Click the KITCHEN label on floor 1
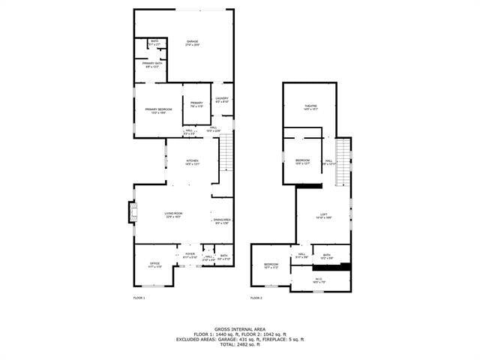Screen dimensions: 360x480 pos(193,161)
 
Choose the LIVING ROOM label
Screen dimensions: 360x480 pos(174,215)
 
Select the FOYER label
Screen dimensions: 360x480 pos(190,256)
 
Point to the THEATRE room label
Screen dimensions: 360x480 pos(310,107)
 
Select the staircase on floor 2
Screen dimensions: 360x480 pos(343,161)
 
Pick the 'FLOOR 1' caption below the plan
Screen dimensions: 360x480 pos(139,298)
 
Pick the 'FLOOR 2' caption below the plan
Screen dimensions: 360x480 pos(256,298)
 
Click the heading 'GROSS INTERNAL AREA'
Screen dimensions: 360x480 pos(240,328)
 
